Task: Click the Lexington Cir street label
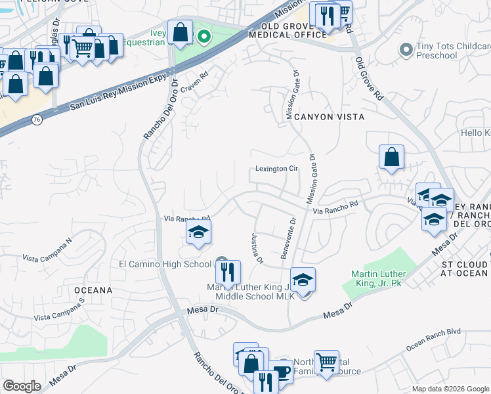tap(277, 169)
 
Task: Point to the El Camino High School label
tap(165, 264)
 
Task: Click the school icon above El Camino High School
tap(198, 232)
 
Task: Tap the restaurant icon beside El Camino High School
tap(228, 271)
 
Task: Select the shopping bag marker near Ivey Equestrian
tap(179, 32)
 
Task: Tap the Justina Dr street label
tap(256, 249)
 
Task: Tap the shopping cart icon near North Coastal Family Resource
tap(326, 362)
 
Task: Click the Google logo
tap(22, 386)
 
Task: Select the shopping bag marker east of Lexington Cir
tap(391, 157)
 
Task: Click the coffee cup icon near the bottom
tap(282, 371)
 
